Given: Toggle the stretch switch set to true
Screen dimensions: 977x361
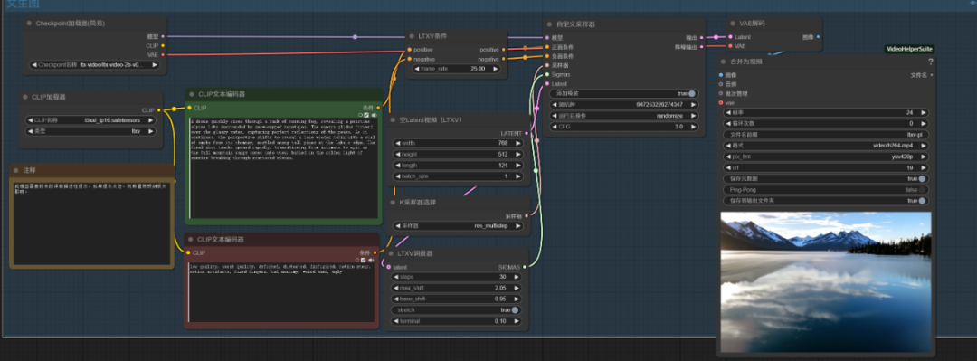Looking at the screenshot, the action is (514, 309).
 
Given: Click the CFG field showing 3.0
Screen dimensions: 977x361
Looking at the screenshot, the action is (624, 127).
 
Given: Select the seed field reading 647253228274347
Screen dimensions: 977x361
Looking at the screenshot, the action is (624, 104).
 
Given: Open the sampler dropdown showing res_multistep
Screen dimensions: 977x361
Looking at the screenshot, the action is (461, 225).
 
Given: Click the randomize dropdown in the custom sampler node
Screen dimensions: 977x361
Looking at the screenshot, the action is (624, 116).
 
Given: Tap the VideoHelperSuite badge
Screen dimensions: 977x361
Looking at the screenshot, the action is (909, 49).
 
